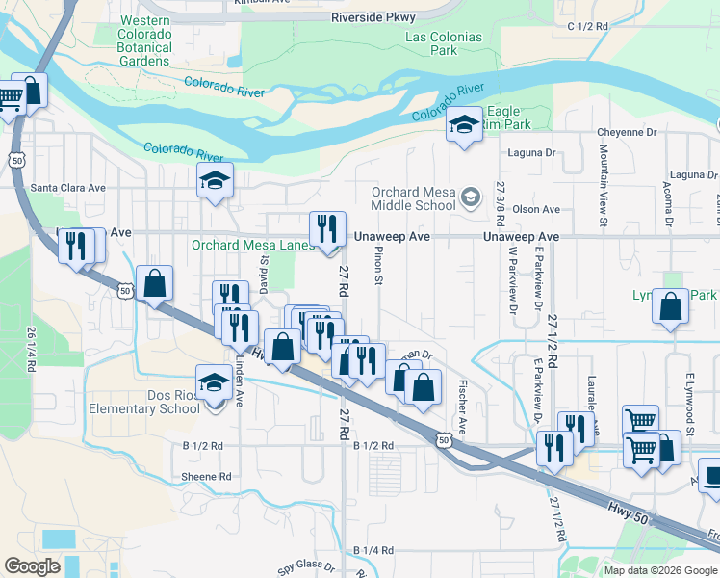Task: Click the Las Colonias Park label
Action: (x=444, y=43)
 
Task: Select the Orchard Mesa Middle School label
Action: (x=414, y=197)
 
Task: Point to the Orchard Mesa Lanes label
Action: (x=253, y=245)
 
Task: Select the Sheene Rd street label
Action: (x=206, y=477)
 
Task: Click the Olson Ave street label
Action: (x=536, y=209)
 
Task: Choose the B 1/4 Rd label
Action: (x=373, y=550)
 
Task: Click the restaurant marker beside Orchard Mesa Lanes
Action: (x=328, y=230)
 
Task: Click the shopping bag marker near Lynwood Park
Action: (x=670, y=306)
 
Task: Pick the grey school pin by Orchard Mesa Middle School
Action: (x=471, y=197)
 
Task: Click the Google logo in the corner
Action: (x=33, y=566)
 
